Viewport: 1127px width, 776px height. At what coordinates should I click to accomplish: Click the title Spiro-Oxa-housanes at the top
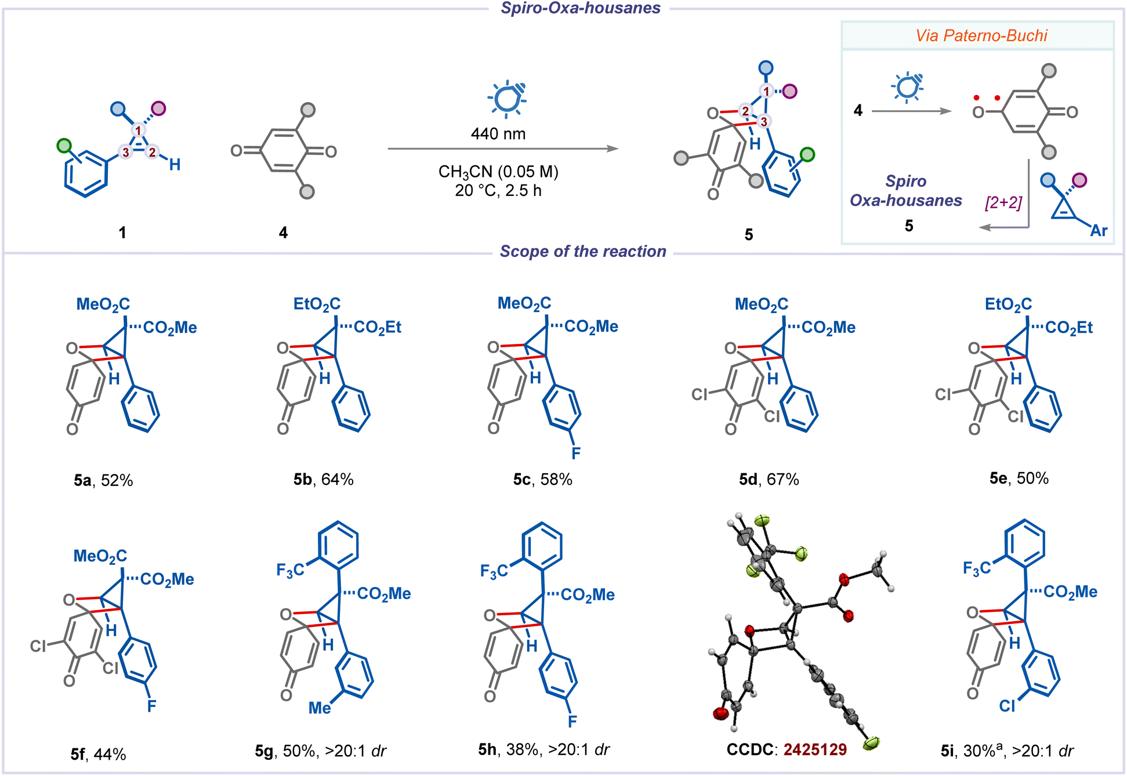(581, 8)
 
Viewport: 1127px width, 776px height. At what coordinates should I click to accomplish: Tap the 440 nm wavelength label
(498, 134)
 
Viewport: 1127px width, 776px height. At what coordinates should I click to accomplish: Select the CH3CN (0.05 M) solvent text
(498, 172)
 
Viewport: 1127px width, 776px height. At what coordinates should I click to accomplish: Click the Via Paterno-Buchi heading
(981, 36)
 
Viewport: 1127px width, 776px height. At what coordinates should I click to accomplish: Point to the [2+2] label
(1003, 203)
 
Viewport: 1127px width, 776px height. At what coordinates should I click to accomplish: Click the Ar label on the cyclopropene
(1099, 231)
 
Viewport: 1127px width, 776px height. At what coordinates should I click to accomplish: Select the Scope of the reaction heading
(583, 252)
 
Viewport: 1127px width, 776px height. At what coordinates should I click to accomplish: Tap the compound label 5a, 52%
(103, 480)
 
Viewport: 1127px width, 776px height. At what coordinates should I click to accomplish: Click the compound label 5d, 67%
(769, 480)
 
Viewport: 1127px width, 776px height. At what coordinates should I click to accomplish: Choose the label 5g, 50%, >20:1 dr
(320, 751)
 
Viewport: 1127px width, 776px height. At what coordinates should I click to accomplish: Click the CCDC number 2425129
(815, 750)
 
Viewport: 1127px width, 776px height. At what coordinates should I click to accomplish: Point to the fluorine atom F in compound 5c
(575, 453)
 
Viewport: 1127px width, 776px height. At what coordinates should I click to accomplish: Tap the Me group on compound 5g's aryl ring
(320, 708)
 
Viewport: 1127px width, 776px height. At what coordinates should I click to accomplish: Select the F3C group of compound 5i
(977, 568)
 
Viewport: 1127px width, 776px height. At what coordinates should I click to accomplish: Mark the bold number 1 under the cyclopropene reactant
(122, 233)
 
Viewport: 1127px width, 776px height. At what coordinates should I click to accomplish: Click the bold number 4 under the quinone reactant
(283, 233)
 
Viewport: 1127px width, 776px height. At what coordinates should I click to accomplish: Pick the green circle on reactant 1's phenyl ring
(64, 145)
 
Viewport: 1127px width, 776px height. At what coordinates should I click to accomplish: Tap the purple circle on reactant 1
(158, 108)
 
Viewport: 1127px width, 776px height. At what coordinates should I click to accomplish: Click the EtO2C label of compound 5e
(1008, 304)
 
